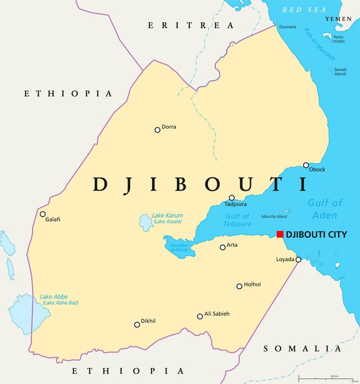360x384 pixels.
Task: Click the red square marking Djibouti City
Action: click(x=280, y=234)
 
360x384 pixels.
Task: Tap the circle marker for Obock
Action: click(x=306, y=165)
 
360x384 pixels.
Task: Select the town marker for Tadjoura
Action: click(x=232, y=198)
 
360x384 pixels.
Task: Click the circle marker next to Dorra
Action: click(x=157, y=130)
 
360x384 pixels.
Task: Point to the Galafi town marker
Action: click(x=43, y=214)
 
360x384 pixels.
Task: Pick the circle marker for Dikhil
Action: click(x=137, y=324)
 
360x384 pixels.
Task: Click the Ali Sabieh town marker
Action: click(x=200, y=317)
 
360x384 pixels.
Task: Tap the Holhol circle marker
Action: click(x=239, y=286)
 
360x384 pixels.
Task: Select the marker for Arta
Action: click(x=223, y=247)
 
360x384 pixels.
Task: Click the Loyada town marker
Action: click(x=299, y=259)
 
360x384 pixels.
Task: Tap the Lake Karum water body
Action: click(x=146, y=224)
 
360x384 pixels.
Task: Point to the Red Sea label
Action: click(x=304, y=10)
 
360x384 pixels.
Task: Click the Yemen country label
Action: click(x=338, y=19)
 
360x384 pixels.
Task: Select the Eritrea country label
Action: click(x=191, y=25)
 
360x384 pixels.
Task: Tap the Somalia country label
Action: click(x=302, y=349)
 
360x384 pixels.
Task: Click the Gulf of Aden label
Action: click(x=325, y=209)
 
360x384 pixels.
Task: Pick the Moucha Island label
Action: click(x=274, y=216)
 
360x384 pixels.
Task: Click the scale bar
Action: click(x=326, y=379)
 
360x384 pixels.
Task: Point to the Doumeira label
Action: click(x=288, y=26)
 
